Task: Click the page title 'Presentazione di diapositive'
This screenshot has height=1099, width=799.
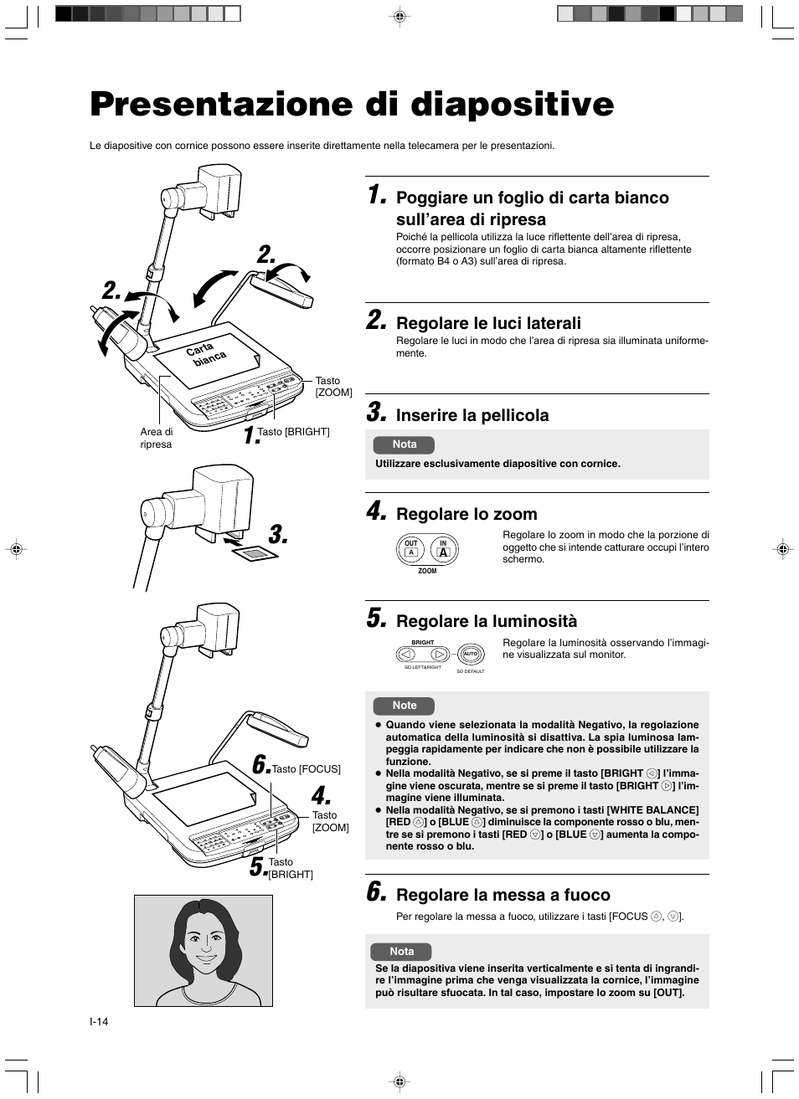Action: coord(352,104)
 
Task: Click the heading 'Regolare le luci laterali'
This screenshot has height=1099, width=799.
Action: coord(488,323)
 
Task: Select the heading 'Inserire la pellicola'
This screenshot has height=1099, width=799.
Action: coord(472,415)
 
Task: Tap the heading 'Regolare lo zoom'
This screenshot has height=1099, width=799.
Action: coord(467,514)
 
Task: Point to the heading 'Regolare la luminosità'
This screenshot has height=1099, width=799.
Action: coord(487,621)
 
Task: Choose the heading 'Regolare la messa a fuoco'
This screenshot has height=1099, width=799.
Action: coord(503,895)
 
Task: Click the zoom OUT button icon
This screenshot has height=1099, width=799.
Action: coord(410,549)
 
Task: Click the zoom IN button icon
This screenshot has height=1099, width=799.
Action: coord(444,549)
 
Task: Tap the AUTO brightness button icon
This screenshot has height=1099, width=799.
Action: coord(470,654)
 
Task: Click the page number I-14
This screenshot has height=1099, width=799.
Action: coord(99,1022)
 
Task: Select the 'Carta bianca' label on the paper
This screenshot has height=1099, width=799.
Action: coord(206,353)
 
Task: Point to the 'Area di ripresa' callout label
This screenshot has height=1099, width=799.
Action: coord(157,438)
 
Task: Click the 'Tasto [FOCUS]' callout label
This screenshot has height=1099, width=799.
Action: coord(307,768)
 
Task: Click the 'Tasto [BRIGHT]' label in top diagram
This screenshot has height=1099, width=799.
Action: coord(293,432)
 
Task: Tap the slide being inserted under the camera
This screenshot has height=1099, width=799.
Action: coord(255,553)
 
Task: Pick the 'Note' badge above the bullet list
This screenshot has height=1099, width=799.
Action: coord(404,706)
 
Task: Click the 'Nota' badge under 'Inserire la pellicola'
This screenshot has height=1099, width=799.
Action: coord(404,444)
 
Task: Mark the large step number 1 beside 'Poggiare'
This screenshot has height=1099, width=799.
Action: coord(377,198)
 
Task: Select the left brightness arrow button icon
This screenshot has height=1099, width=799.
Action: coord(406,654)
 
